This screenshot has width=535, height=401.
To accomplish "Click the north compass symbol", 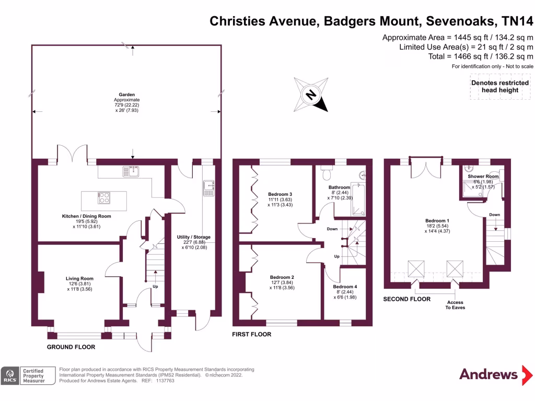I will tap(311, 95).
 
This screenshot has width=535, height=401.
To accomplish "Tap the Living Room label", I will tap(79, 278).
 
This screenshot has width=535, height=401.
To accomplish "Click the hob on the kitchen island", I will tap(104, 198).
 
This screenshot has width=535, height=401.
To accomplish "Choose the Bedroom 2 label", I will tap(282, 277).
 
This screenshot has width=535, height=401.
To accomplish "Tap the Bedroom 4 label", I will tap(345, 287).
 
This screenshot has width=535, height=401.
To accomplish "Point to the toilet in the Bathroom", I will tap(328, 173).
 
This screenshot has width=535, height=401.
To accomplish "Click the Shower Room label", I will tap(483, 176).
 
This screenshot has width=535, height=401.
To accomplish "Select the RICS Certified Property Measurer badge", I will tap(29, 375).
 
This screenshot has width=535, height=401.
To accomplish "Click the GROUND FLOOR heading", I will tap(71, 347).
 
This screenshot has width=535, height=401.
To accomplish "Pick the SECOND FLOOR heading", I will tap(407, 299).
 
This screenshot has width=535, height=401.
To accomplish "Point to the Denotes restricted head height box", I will tap(500, 86).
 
